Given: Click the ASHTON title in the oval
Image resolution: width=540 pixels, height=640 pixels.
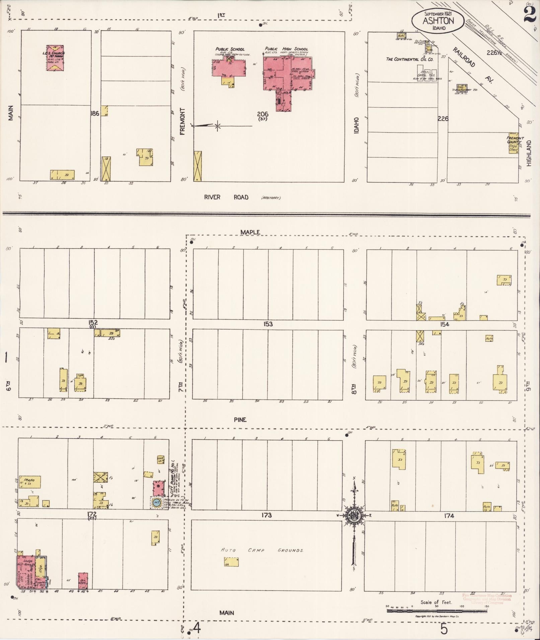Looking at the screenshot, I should click(x=438, y=21).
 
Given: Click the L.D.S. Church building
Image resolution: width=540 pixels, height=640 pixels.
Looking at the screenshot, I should click(x=55, y=58).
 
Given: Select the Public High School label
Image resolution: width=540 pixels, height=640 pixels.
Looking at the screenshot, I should click(x=286, y=49).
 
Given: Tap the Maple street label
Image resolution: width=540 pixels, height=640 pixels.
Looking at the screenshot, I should click(x=250, y=232).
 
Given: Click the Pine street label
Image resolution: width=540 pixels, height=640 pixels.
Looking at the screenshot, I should click(x=240, y=420).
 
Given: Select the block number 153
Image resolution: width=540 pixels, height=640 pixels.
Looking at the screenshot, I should click(x=268, y=324).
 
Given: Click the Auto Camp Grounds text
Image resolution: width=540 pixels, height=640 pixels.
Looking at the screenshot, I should click(x=262, y=550).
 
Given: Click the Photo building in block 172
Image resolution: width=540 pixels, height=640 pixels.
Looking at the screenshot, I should click(x=30, y=482).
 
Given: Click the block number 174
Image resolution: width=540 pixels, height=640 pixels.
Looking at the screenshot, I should click(x=449, y=516).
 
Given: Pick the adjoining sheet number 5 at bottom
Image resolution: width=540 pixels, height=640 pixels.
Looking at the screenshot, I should click(x=444, y=629).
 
